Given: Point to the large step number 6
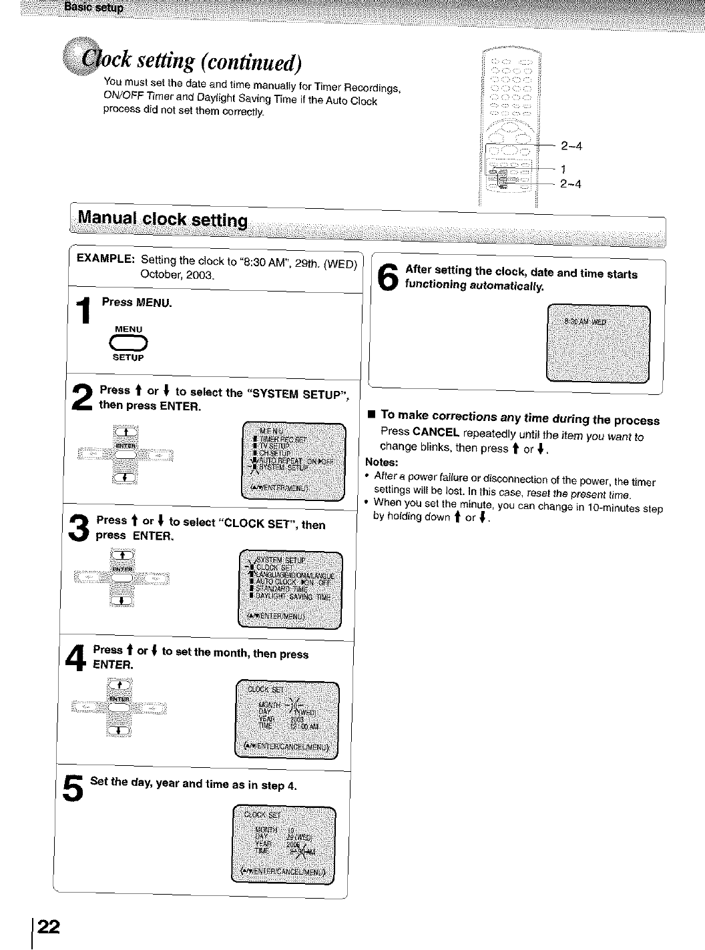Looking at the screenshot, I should point(389,278).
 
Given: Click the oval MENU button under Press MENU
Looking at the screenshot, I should point(129,343).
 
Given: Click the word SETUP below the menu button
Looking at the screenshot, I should point(128,358).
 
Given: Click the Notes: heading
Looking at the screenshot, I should point(382,462).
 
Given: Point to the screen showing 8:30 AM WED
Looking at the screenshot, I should point(598,344).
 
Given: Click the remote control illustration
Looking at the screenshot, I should point(513,127).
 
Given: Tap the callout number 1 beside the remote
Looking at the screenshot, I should point(563,168).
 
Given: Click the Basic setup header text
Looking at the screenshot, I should point(94,7).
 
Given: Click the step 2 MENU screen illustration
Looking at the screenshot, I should point(293,461).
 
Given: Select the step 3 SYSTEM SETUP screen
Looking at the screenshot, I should point(290,590).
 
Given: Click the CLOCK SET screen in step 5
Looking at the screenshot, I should point(283,844).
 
